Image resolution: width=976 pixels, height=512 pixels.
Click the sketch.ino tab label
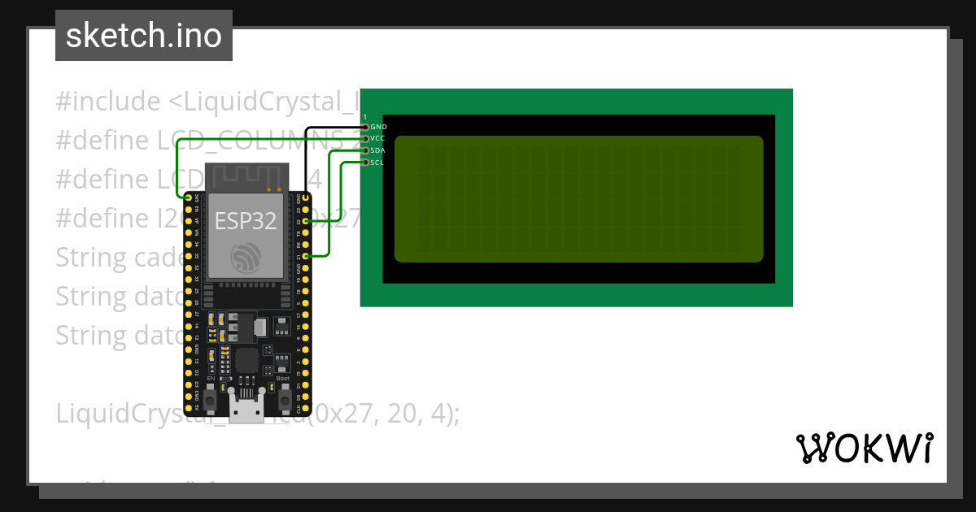coord(143,36)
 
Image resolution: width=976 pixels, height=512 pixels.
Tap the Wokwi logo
coord(864,448)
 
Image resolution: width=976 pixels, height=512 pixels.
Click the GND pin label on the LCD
coord(378,127)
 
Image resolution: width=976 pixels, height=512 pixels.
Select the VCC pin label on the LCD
coord(378,139)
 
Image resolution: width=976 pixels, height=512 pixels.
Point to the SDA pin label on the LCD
coord(378,150)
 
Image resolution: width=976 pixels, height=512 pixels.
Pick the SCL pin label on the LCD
coord(377,163)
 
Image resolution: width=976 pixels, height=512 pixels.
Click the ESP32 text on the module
coord(246,220)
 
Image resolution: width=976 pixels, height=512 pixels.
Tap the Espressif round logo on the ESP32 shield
coord(246,257)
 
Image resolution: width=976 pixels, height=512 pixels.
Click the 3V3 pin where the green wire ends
coord(189,197)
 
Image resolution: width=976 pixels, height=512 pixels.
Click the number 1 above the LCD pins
coord(365,117)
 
